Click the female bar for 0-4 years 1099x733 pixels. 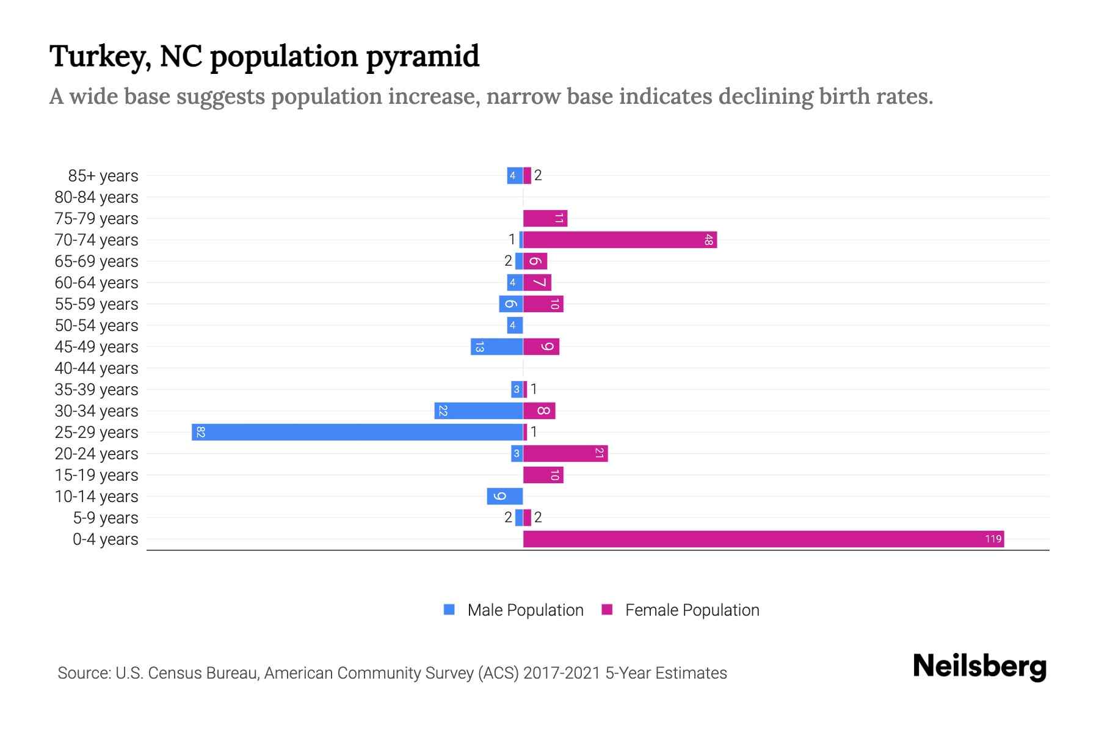tap(763, 539)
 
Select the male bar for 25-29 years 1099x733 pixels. tap(357, 432)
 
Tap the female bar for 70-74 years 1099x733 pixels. tap(620, 239)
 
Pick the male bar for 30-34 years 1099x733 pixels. tap(479, 410)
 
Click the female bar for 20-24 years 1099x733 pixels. tap(565, 453)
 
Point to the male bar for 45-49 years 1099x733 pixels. tap(496, 346)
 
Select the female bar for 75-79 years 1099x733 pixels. tap(545, 218)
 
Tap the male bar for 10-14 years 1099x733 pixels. tap(505, 496)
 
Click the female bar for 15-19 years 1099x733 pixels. tap(543, 475)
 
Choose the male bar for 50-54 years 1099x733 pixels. tap(515, 325)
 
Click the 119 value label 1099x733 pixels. tap(993, 539)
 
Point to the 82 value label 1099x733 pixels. tap(201, 432)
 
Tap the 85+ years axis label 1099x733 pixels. tap(103, 176)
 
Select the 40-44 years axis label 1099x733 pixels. tap(96, 368)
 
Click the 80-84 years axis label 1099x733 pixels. tap(96, 197)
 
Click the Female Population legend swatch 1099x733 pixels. tap(607, 610)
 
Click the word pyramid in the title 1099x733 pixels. tap(423, 57)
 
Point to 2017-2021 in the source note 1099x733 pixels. tap(561, 673)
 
